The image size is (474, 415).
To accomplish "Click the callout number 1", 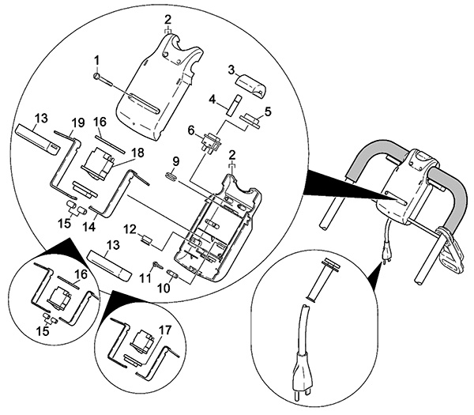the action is tap(96, 61).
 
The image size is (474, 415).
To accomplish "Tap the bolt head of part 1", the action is tap(96, 76).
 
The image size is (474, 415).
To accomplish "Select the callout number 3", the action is tap(231, 70).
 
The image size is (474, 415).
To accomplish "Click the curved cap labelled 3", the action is tap(253, 86).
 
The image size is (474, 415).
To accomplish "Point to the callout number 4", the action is tap(213, 99).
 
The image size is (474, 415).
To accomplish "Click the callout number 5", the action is tap(268, 111).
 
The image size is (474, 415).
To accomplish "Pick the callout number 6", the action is tap(190, 130).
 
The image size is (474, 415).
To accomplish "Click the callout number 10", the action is tap(164, 288).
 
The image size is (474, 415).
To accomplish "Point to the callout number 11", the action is tap(145, 278).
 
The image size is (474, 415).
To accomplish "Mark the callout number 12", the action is tap(130, 229).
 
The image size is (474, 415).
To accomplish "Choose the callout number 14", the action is tap(90, 226).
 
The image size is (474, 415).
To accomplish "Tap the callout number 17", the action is tap(165, 330).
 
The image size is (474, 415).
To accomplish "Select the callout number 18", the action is tap(137, 153).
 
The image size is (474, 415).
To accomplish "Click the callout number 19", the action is tap(78, 123).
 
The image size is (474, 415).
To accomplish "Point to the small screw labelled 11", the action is tap(158, 266).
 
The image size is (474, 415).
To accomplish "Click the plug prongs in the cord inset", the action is tap(301, 395).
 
